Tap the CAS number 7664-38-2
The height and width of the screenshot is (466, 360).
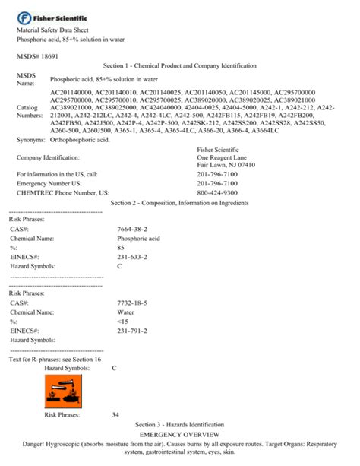click(132, 229)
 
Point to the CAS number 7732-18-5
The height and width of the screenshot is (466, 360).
click(132, 303)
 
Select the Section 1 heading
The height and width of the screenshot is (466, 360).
click(179, 66)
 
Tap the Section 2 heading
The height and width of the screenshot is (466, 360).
click(179, 203)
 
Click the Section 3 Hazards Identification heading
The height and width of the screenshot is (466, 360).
click(179, 424)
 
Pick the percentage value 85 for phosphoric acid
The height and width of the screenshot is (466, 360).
click(121, 248)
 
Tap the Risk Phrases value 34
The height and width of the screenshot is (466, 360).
click(115, 414)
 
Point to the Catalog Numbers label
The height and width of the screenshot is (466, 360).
click(30, 113)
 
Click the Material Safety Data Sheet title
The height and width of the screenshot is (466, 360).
click(54, 30)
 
